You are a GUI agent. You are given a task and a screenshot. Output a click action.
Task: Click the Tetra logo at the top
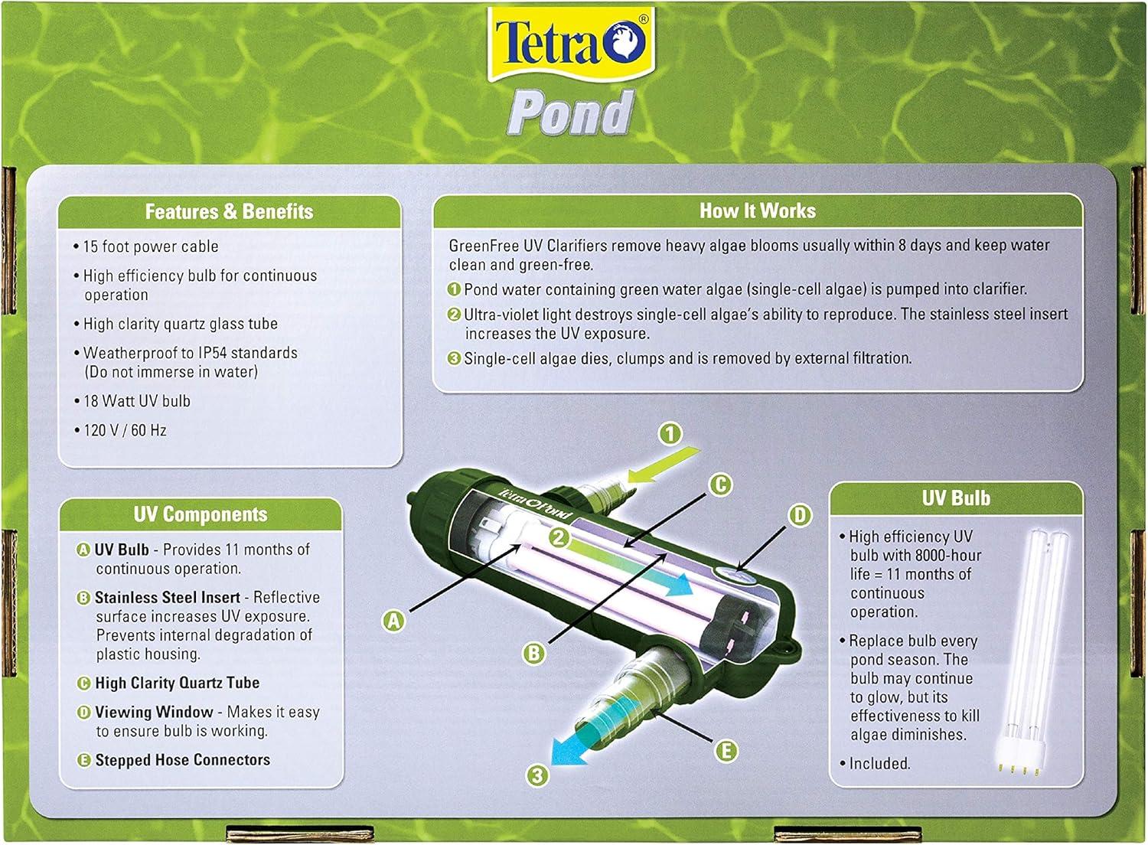tap(572, 44)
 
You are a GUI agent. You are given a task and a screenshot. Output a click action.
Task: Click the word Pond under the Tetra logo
tap(571, 113)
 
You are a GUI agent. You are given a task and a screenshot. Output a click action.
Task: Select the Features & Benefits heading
tap(229, 211)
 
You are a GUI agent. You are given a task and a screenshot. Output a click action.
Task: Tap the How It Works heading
tap(758, 210)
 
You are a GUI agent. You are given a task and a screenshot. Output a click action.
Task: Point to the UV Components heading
tap(201, 514)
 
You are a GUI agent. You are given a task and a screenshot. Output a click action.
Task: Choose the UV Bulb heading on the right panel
tap(956, 498)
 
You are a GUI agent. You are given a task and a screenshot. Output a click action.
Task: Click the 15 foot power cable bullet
tap(146, 246)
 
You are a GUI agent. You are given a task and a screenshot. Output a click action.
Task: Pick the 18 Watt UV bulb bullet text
tap(132, 401)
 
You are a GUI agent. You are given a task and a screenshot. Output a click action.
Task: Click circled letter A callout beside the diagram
tap(393, 621)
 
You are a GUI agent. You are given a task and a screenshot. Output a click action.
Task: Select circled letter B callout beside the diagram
tap(534, 654)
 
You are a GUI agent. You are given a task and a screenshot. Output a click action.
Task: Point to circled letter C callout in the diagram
tap(721, 484)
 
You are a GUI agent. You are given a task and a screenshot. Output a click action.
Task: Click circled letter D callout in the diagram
tap(800, 516)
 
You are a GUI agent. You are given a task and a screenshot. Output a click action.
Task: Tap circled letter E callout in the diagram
tap(726, 752)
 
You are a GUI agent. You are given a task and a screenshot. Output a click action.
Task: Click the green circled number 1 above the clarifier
tap(670, 434)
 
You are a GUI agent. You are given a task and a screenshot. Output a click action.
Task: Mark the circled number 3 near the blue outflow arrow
tap(536, 775)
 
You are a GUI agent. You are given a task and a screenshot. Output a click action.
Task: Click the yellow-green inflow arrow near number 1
tap(664, 465)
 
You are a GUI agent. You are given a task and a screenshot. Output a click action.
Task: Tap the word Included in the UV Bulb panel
tap(879, 764)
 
